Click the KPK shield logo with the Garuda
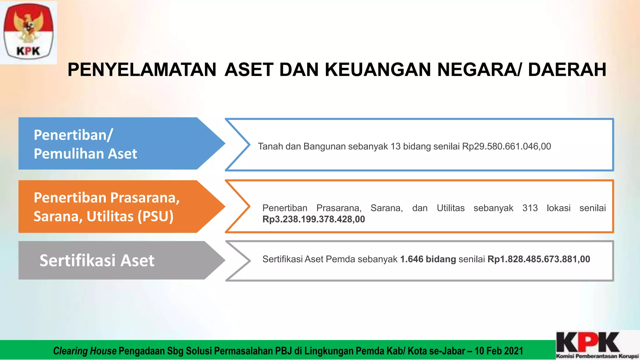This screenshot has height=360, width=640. coord(28,32)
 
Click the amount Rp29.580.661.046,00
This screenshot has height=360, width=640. coord(506,146)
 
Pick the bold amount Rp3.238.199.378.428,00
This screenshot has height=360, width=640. coord(313,219)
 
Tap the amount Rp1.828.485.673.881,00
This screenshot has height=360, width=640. coord(538,259)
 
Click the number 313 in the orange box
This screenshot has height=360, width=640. coord(530,208)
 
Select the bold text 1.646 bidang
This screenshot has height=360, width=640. coord(428,259)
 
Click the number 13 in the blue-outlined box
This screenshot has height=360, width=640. coord(395,146)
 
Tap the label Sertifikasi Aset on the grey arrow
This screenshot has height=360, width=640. coord(97,261)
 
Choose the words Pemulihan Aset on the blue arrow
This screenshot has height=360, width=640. coord(85,154)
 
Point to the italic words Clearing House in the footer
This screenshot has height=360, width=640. coord(85,351)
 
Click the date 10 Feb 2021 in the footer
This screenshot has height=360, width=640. coord(499,351)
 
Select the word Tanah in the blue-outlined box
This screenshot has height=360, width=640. coord(270,146)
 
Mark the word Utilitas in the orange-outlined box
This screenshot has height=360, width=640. coord(450,208)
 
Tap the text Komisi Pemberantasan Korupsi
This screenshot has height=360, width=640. coord(597,356)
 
